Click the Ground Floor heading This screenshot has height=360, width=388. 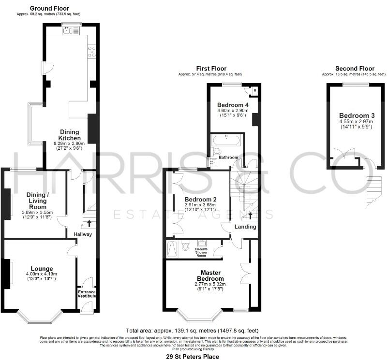point(49,8)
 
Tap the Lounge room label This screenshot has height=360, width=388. point(42,269)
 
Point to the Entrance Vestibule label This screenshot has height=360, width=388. point(88,295)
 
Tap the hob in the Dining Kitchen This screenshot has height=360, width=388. point(91,52)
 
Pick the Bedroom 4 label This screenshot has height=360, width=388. point(233,105)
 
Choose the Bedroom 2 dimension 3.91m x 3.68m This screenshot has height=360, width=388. point(200,205)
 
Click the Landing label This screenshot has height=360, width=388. point(245,227)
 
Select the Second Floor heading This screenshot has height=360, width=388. point(355,69)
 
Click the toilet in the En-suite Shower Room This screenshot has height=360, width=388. point(186,246)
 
